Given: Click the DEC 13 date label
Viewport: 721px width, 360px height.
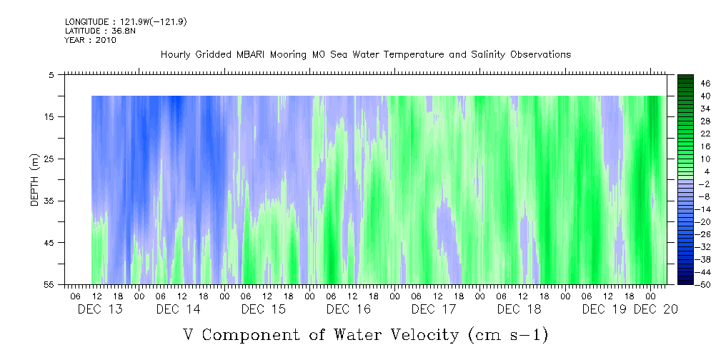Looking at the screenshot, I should (101, 309).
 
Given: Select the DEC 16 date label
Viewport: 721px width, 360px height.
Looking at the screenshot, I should (349, 309).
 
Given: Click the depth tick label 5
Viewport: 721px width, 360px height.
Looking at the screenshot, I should (51, 74).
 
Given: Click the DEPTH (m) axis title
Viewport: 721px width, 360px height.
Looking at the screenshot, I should (34, 179).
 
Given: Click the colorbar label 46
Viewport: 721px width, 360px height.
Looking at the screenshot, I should (706, 83).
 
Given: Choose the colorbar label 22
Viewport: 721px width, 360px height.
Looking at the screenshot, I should (706, 134).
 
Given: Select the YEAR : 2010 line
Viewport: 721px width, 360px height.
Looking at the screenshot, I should (90, 40).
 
